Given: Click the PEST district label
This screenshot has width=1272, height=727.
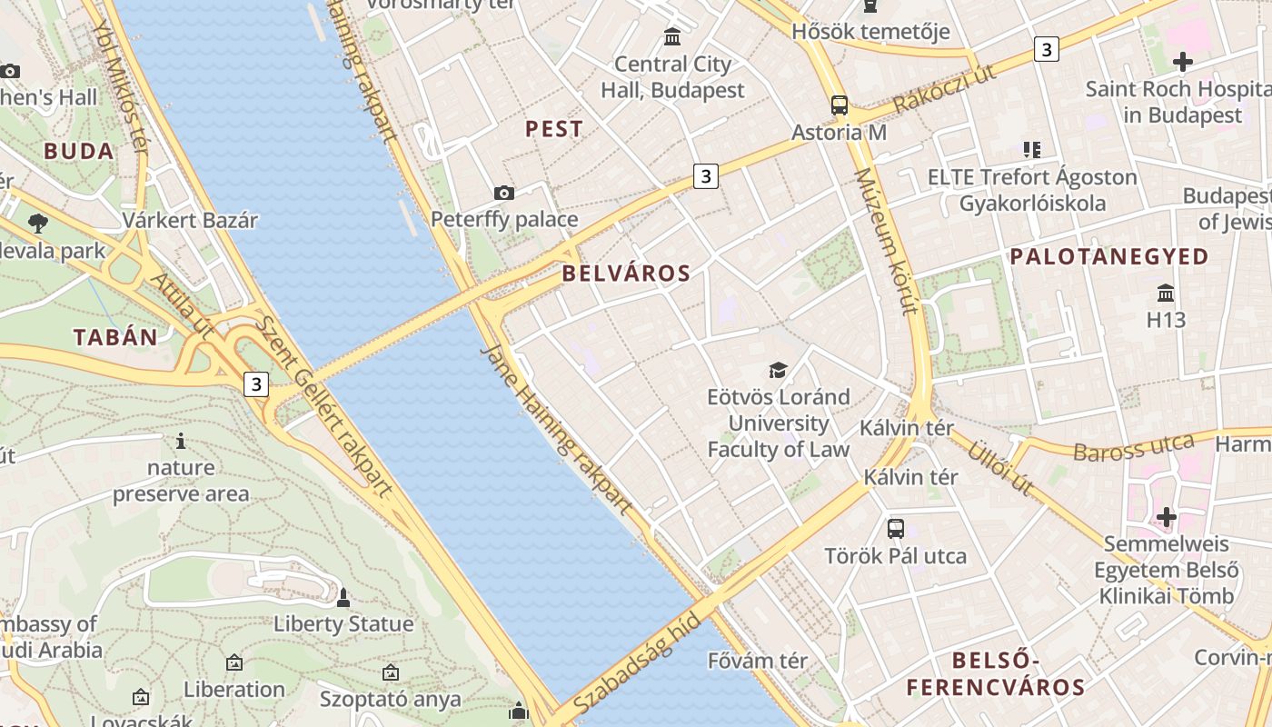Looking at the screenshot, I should pyautogui.click(x=554, y=129).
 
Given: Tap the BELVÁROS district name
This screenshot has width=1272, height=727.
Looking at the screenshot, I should pyautogui.click(x=626, y=273).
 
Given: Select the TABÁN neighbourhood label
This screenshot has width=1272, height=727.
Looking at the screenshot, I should pyautogui.click(x=115, y=337).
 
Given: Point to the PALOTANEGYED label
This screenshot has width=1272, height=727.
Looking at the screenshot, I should pyautogui.click(x=1109, y=256).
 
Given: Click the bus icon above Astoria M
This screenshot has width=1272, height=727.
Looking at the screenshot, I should pyautogui.click(x=840, y=105).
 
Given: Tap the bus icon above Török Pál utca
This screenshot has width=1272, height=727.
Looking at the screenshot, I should pyautogui.click(x=896, y=528).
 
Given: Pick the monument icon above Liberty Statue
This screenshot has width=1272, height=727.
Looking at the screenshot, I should pyautogui.click(x=343, y=598).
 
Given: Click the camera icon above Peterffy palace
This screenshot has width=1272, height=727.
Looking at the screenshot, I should pyautogui.click(x=503, y=193).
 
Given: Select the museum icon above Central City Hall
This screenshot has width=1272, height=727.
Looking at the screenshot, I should pyautogui.click(x=672, y=37).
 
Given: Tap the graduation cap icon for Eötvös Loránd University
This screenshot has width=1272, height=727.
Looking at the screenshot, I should pyautogui.click(x=779, y=370).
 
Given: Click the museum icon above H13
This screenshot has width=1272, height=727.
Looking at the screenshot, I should pyautogui.click(x=1166, y=294).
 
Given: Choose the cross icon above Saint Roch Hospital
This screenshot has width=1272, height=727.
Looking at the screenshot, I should pyautogui.click(x=1182, y=62).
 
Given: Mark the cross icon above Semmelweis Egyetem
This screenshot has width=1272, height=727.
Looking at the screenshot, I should pyautogui.click(x=1167, y=517).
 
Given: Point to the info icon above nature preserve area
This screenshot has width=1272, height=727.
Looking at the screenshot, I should pyautogui.click(x=181, y=442).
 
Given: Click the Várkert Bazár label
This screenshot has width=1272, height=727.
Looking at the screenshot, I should pyautogui.click(x=190, y=220).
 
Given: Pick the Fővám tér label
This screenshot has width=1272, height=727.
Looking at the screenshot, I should pyautogui.click(x=757, y=661).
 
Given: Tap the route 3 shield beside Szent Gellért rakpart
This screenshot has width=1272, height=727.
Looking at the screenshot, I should pyautogui.click(x=256, y=384).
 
